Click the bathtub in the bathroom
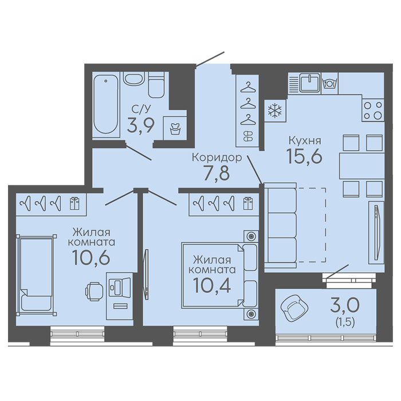[x=106, y=104]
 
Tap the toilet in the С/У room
[x=156, y=85]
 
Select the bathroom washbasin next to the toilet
[x=133, y=78]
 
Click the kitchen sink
[x=310, y=82]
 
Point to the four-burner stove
[x=373, y=110]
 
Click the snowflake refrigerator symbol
[x=274, y=111]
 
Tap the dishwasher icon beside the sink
[x=329, y=84]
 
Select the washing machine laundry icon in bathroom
[x=175, y=129]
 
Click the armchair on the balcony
[x=294, y=308]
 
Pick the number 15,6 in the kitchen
[x=304, y=156]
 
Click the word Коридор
[x=217, y=158]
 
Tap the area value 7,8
[x=217, y=173]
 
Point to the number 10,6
[x=91, y=258]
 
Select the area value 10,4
[x=212, y=285]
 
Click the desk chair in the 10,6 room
[x=94, y=291]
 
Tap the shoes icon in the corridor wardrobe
[x=248, y=136]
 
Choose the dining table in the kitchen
[x=361, y=166]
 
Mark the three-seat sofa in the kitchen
[x=280, y=225]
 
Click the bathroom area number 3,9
[x=141, y=125]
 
